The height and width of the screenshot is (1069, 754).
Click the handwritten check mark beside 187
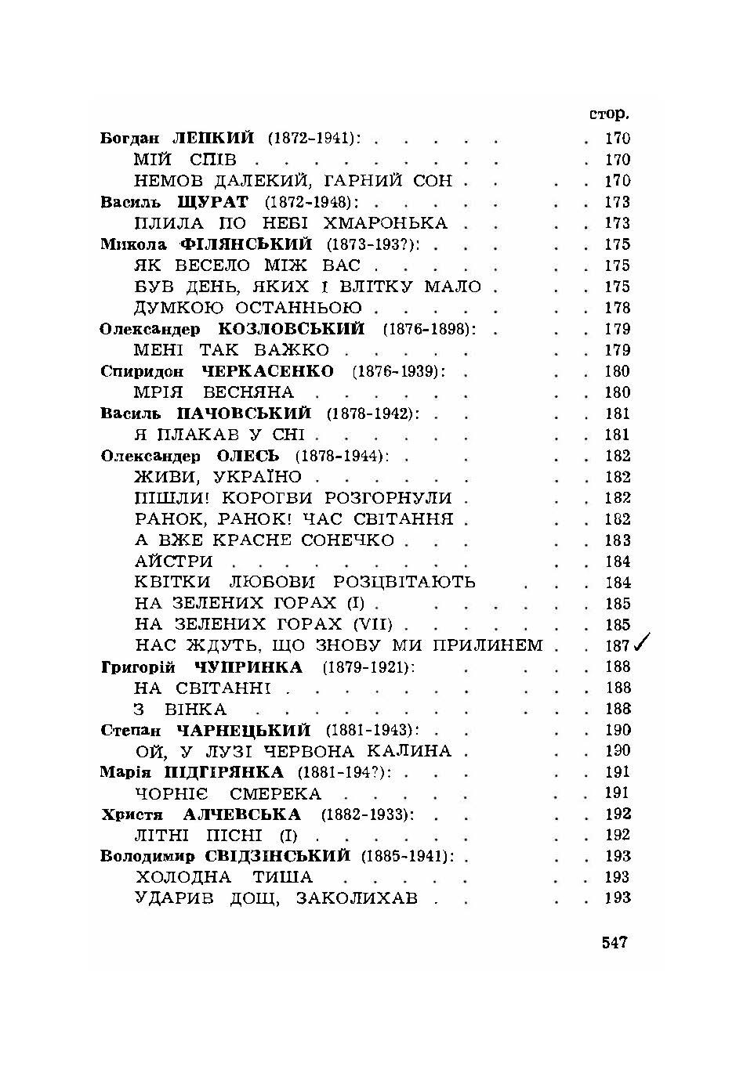click(x=643, y=644)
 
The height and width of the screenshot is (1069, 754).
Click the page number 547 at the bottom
click(x=614, y=942)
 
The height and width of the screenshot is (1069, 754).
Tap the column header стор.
click(x=609, y=114)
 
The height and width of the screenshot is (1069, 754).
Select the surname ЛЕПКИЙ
click(x=213, y=139)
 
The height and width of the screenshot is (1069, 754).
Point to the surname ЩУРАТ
click(x=214, y=202)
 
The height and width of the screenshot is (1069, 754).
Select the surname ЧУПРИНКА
click(x=248, y=667)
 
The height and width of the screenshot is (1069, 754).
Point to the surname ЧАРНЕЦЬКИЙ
click(x=244, y=731)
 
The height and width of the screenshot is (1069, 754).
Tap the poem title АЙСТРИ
click(x=173, y=562)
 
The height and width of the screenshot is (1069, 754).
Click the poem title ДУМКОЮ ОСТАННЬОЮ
click(x=248, y=308)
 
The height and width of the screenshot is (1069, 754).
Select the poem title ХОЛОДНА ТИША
click(x=223, y=878)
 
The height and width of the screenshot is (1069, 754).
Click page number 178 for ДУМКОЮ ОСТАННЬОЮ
click(x=617, y=309)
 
